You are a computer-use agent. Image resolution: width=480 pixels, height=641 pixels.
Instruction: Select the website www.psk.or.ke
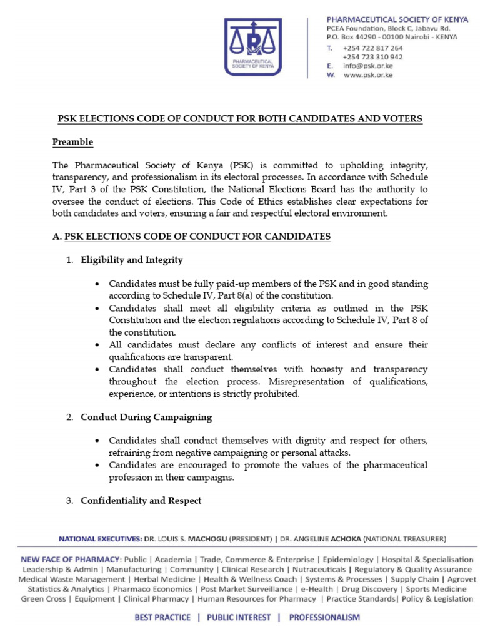pos(367,75)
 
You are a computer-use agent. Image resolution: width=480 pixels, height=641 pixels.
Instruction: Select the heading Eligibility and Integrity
pos(132,260)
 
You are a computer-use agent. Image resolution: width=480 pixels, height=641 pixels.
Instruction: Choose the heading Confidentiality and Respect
pos(141,501)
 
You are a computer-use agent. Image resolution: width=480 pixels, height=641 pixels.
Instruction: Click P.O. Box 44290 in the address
pos(354,37)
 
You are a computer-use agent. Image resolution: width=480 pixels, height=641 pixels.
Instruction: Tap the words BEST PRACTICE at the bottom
pos(163,617)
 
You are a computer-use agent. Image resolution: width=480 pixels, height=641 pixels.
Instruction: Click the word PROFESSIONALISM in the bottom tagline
pos(324,617)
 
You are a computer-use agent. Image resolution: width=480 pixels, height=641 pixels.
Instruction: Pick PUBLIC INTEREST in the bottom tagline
pos(240,617)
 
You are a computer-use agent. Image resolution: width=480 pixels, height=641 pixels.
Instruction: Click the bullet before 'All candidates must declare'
pos(96,345)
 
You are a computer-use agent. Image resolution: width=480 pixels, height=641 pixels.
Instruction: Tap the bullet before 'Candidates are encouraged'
pos(96,466)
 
